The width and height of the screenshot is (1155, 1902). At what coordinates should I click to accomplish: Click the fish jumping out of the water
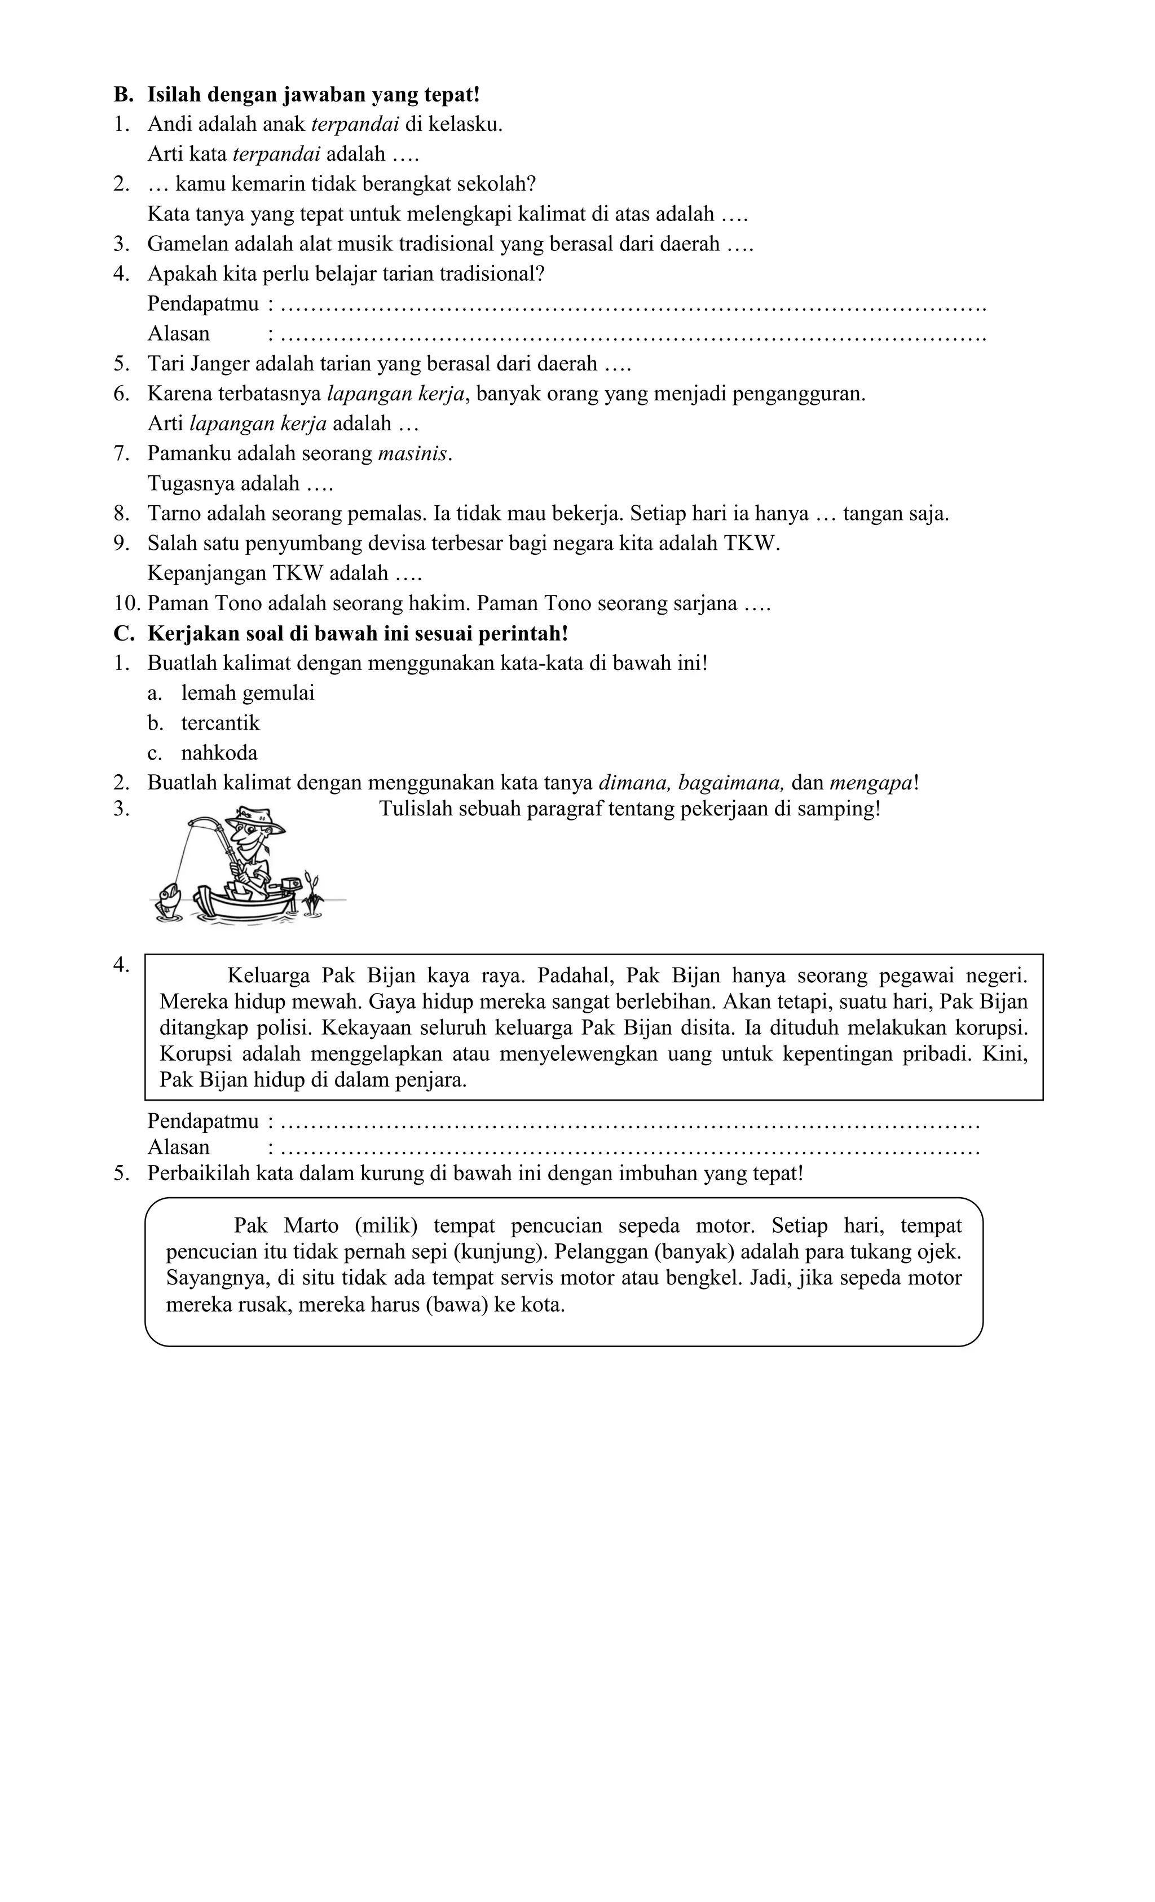(x=167, y=901)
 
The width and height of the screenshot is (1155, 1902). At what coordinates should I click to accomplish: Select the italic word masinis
(x=413, y=454)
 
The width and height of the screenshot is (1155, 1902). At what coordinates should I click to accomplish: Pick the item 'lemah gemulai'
(x=248, y=693)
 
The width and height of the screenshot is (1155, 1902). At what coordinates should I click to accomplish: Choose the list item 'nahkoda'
(x=219, y=753)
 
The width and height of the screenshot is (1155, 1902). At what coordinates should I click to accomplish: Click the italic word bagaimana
(x=731, y=783)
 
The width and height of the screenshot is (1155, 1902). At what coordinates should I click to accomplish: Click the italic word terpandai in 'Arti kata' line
(x=276, y=155)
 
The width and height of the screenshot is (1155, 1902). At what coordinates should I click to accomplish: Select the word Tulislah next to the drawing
(x=412, y=810)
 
